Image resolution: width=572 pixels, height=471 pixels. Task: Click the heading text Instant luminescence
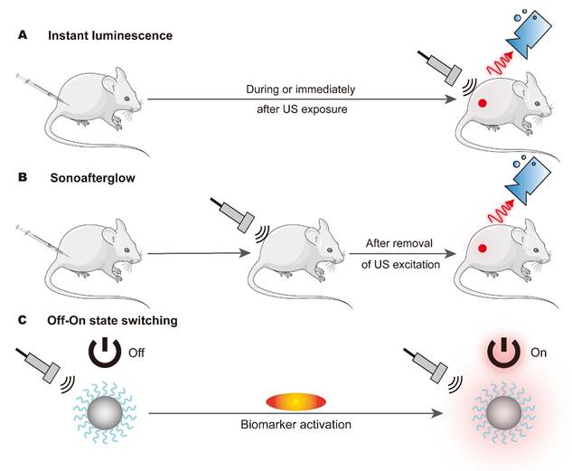point(110,36)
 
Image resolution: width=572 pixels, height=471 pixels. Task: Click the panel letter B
point(23,177)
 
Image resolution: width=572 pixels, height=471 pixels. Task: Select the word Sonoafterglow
point(93,178)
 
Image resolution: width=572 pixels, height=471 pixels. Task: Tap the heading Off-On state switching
point(112,320)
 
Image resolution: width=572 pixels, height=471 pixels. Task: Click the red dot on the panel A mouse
point(483,103)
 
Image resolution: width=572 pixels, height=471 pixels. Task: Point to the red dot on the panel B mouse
point(483,249)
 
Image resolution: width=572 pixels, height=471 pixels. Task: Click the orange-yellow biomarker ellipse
point(295,401)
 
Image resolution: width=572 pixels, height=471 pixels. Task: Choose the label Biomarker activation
point(295,425)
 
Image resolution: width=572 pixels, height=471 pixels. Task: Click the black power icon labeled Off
point(105,353)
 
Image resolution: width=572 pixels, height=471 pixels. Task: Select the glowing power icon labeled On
point(503,353)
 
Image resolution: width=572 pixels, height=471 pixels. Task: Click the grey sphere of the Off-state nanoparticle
point(105,412)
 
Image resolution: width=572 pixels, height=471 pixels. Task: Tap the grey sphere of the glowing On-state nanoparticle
point(503,413)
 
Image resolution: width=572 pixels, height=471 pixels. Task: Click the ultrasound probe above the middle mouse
point(232,214)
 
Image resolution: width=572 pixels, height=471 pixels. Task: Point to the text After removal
point(399,243)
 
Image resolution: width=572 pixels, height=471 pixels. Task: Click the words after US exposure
point(302,109)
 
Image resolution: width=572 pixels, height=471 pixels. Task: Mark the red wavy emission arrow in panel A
point(500,65)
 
